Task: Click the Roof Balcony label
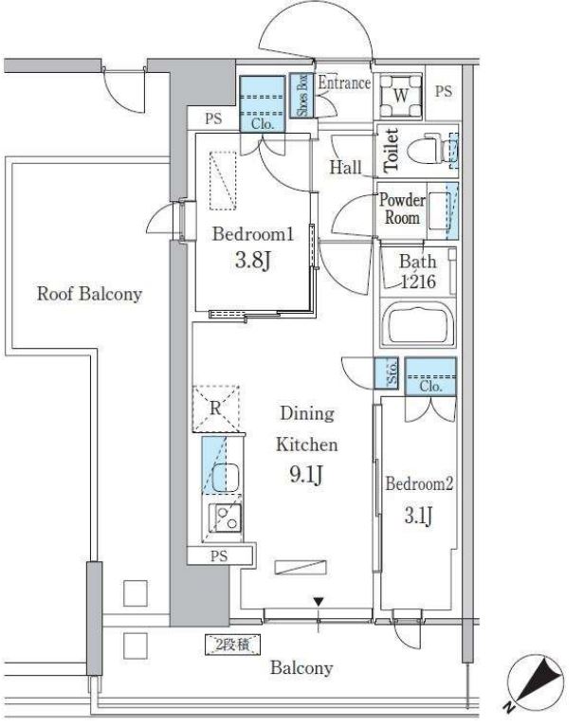coord(89,294)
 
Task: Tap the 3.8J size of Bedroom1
coord(253,260)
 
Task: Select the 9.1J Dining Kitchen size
coord(306,475)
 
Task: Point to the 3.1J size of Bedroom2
coord(418,515)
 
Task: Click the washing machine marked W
coord(401,96)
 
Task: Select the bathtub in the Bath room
coord(417,323)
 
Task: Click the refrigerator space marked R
coord(216,409)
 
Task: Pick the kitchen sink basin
coord(226,478)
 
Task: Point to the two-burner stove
coord(226,518)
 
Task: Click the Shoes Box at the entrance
coord(302,95)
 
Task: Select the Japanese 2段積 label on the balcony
coord(233,645)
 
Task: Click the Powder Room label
coord(402,209)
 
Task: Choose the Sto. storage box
coord(387,373)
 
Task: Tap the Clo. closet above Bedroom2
coord(430,376)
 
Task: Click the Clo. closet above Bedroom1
coord(262,104)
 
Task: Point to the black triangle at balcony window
coord(319,602)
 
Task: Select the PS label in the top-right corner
coord(444,91)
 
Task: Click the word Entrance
coord(344,83)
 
